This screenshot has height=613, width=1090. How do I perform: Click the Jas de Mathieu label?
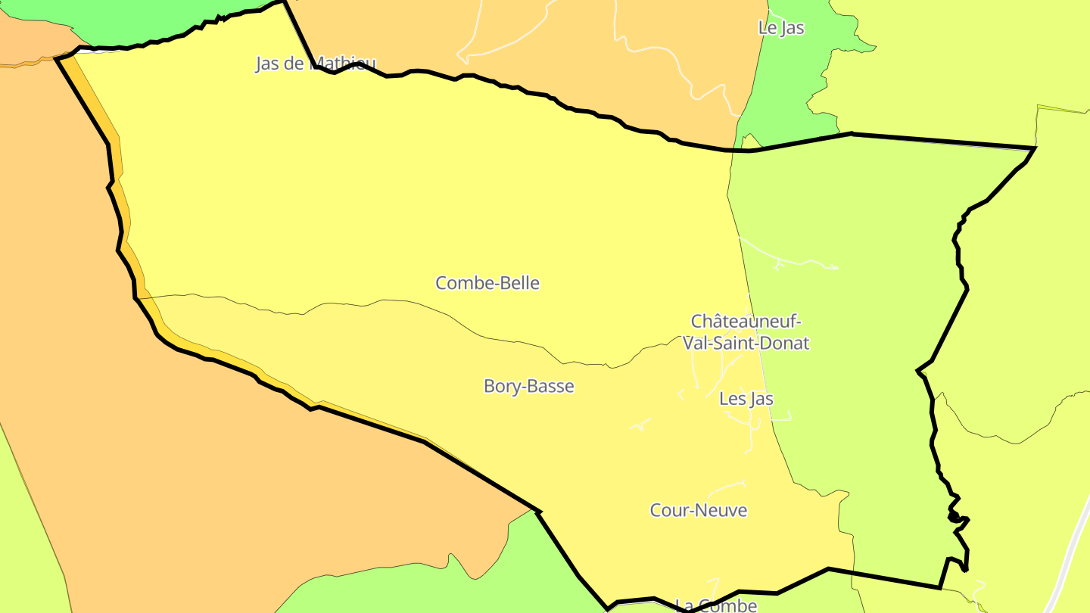click(315, 64)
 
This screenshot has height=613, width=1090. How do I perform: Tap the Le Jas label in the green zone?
click(780, 28)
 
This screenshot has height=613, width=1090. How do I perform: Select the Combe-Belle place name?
click(487, 283)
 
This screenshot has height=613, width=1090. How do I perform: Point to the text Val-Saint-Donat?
click(746, 343)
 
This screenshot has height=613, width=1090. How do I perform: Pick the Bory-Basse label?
click(528, 386)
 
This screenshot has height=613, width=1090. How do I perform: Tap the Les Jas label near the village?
click(746, 398)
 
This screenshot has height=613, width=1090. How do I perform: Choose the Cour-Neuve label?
click(698, 510)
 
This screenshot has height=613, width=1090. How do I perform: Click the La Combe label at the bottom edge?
click(715, 605)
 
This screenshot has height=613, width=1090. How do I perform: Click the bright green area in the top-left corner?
click(136, 19)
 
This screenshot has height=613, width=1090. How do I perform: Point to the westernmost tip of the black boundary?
click(58, 58)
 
